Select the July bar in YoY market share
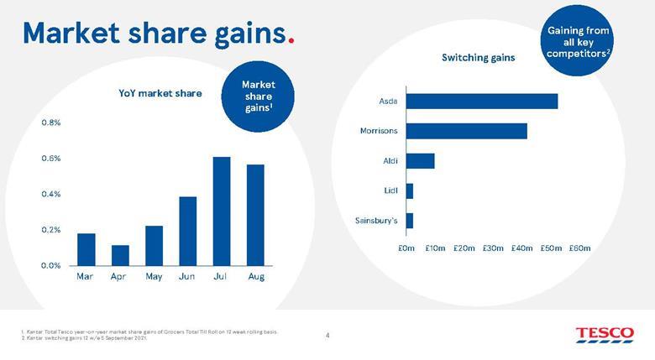click(x=222, y=211)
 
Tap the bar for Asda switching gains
click(x=482, y=101)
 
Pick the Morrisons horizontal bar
click(x=467, y=131)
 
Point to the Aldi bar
click(x=420, y=160)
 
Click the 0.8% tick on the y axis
click(x=50, y=123)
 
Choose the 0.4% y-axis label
click(x=50, y=194)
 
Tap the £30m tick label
click(x=493, y=248)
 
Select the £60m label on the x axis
click(x=579, y=248)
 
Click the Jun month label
click(x=187, y=276)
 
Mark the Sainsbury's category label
click(x=377, y=221)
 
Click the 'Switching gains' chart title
click(x=479, y=58)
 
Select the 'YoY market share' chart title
click(x=160, y=93)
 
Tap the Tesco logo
click(x=605, y=335)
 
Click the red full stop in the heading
click(x=291, y=39)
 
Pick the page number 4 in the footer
click(x=327, y=336)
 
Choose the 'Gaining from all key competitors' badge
click(x=579, y=39)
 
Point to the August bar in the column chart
click(x=256, y=215)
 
